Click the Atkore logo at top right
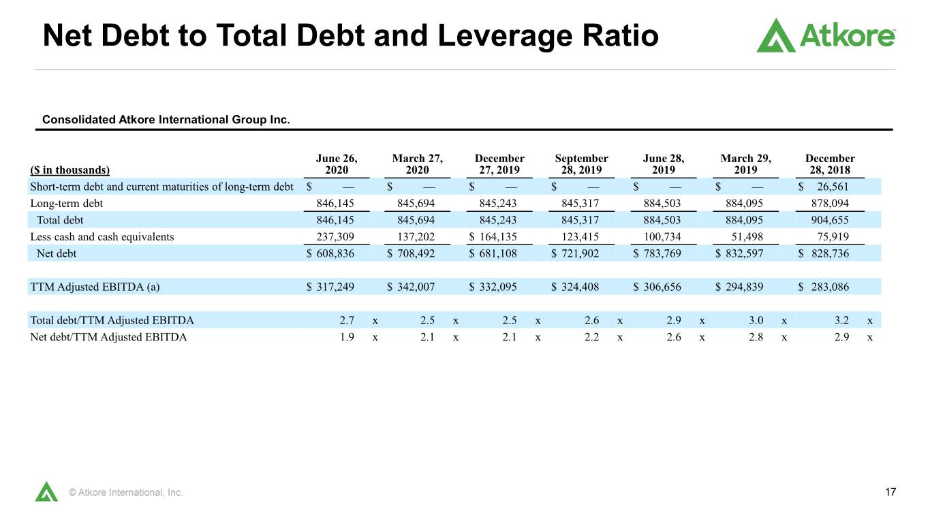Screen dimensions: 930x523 [826, 35]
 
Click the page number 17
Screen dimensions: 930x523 [890, 492]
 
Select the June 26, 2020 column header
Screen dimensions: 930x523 [337, 164]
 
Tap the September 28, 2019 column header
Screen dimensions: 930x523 [581, 164]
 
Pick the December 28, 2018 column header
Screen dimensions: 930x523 [830, 164]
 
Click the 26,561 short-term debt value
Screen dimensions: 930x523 [833, 187]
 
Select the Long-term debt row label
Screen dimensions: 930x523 [67, 204]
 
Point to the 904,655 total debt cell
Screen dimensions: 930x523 [830, 220]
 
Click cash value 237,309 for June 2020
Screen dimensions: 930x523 [335, 236]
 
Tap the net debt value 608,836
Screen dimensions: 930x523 [335, 253]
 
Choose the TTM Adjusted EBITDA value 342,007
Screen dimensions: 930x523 [416, 287]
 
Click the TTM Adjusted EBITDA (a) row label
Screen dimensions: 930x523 [95, 287]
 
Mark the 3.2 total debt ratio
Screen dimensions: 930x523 [841, 320]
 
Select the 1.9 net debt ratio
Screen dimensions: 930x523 [347, 336]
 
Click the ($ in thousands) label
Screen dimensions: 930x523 [69, 170]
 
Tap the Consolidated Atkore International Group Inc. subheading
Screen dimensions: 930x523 [166, 120]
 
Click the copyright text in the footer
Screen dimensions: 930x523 [125, 492]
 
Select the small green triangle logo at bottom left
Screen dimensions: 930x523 [46, 492]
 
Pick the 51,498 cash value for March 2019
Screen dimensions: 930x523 [747, 236]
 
